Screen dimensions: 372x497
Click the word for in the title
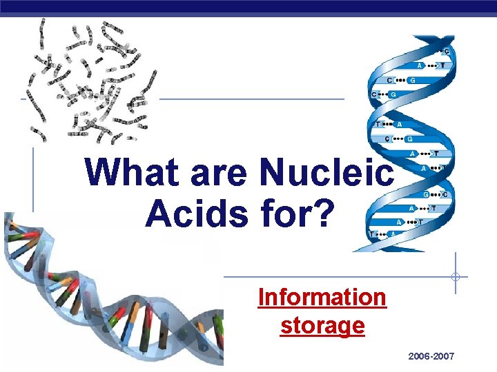tap(289, 214)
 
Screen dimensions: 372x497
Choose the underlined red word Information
tap(322, 297)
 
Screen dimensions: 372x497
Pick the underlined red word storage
tap(322, 324)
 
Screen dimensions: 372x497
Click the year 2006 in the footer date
tap(420, 356)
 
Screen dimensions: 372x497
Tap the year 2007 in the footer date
tap(443, 356)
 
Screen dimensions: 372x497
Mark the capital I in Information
tap(262, 297)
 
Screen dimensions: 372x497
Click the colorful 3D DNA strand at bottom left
tap(104, 296)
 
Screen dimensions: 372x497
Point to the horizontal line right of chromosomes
tap(252, 99)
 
